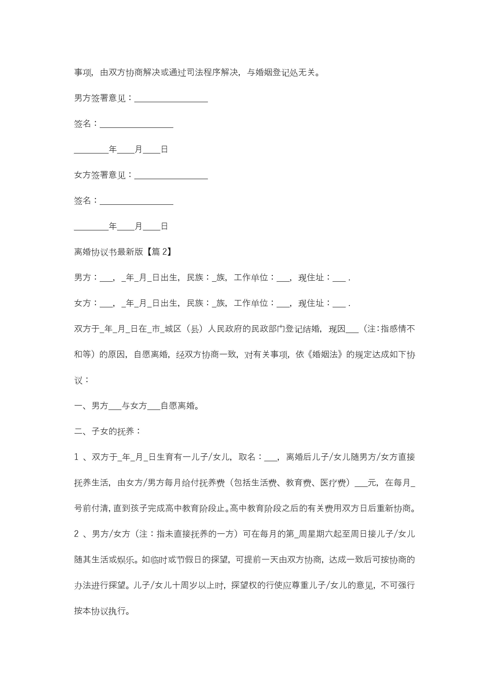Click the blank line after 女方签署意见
(171, 175)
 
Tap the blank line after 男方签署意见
(171, 99)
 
